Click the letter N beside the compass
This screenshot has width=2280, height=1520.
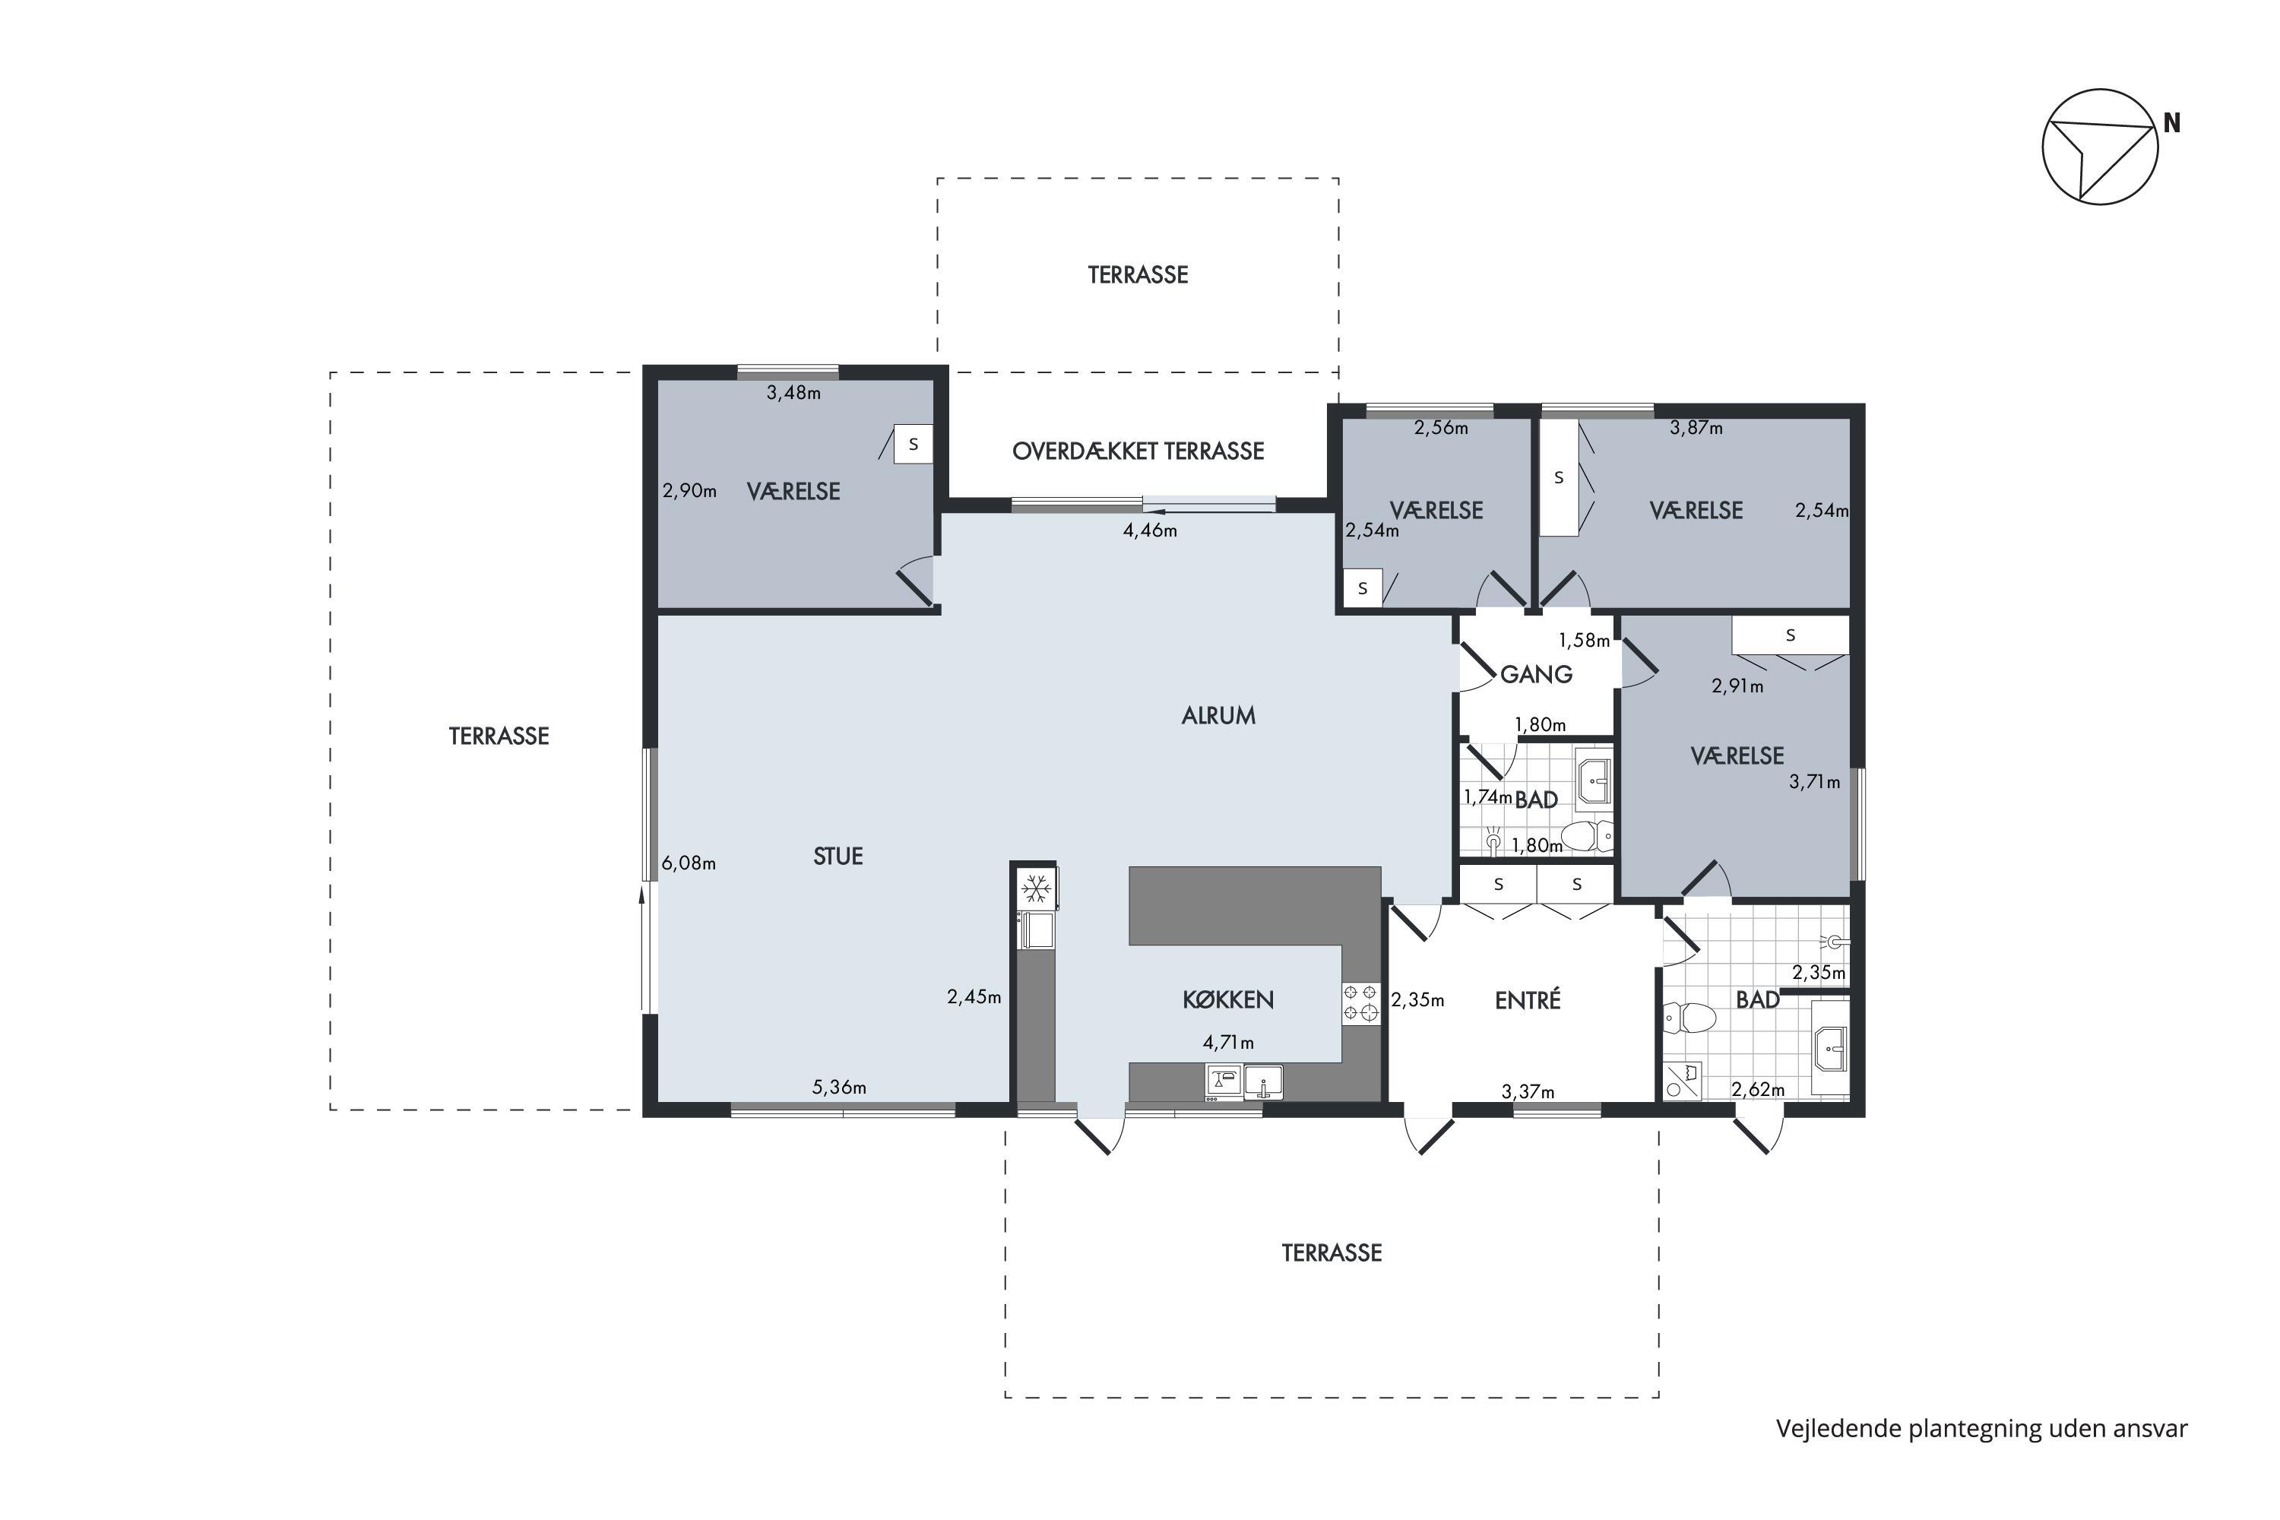pyautogui.click(x=2171, y=123)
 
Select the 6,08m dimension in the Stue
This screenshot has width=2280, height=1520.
pyautogui.click(x=689, y=863)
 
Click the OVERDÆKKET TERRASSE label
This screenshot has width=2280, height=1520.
pyautogui.click(x=1138, y=451)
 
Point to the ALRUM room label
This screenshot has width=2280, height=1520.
pyautogui.click(x=1218, y=715)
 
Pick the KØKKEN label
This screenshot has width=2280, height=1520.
pyautogui.click(x=1228, y=999)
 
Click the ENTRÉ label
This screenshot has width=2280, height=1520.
pyautogui.click(x=1528, y=999)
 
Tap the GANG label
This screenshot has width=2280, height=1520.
pyautogui.click(x=1537, y=673)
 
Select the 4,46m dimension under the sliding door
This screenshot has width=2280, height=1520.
pyautogui.click(x=1150, y=530)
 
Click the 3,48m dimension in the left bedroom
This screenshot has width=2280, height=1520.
pyautogui.click(x=794, y=393)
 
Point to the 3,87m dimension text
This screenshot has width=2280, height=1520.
pyautogui.click(x=1696, y=427)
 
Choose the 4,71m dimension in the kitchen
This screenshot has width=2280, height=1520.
pyautogui.click(x=1228, y=1042)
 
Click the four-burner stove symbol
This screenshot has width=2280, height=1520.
pyautogui.click(x=1361, y=1002)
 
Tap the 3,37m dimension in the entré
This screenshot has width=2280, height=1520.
pyautogui.click(x=1528, y=1091)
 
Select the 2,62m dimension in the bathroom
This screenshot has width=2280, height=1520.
pyautogui.click(x=1759, y=1090)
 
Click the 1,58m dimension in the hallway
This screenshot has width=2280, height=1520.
pyautogui.click(x=1584, y=640)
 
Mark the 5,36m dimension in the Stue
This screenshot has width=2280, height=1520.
pyautogui.click(x=840, y=1087)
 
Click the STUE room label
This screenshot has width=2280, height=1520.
pyautogui.click(x=838, y=856)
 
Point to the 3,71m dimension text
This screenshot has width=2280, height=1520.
pyautogui.click(x=1815, y=781)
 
